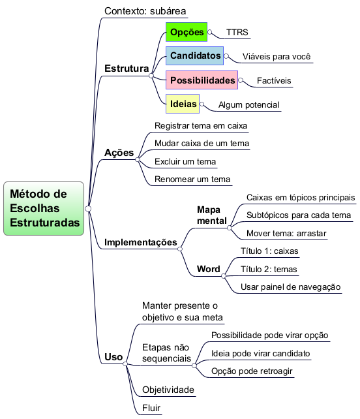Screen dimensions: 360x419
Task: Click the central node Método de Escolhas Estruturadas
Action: point(44,208)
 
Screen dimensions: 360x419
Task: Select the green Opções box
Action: point(187,32)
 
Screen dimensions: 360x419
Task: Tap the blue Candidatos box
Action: point(195,56)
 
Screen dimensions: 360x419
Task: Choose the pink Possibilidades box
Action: point(202,80)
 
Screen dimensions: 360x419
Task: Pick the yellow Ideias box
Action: point(183,104)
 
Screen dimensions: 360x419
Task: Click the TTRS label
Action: point(237,33)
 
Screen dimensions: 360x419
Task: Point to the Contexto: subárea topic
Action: point(145,11)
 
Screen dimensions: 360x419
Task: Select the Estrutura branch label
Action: point(127,69)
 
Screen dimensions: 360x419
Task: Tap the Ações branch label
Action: point(119,153)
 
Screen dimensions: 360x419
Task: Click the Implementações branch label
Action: point(141,242)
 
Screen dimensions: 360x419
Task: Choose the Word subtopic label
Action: point(209,269)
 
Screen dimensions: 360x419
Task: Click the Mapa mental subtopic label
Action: point(212,215)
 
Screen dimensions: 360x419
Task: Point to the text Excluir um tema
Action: point(185,162)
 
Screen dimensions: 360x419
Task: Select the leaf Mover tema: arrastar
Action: point(286,233)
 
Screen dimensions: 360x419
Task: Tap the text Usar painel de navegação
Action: point(291,287)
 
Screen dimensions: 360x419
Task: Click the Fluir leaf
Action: point(151,408)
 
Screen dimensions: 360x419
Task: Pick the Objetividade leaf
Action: point(168,390)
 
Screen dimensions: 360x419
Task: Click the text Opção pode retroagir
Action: point(252,371)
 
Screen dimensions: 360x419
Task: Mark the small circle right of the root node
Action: point(88,209)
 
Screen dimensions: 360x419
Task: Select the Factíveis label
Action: point(274,81)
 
